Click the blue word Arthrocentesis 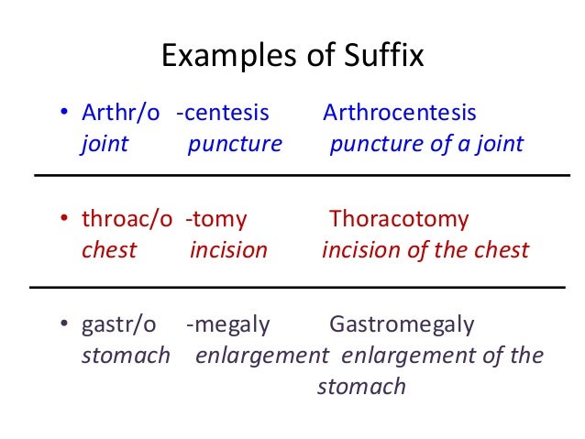click(x=400, y=114)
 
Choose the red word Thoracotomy click(x=399, y=220)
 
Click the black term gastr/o click(x=119, y=325)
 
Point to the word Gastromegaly click(x=402, y=325)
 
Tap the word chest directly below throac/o click(x=109, y=249)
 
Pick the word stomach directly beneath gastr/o click(x=126, y=356)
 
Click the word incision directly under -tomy click(x=228, y=249)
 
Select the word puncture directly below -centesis click(x=235, y=144)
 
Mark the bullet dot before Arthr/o click(x=65, y=115)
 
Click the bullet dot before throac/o click(x=65, y=221)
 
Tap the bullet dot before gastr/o click(x=65, y=326)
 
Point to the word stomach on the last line click(x=361, y=386)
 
